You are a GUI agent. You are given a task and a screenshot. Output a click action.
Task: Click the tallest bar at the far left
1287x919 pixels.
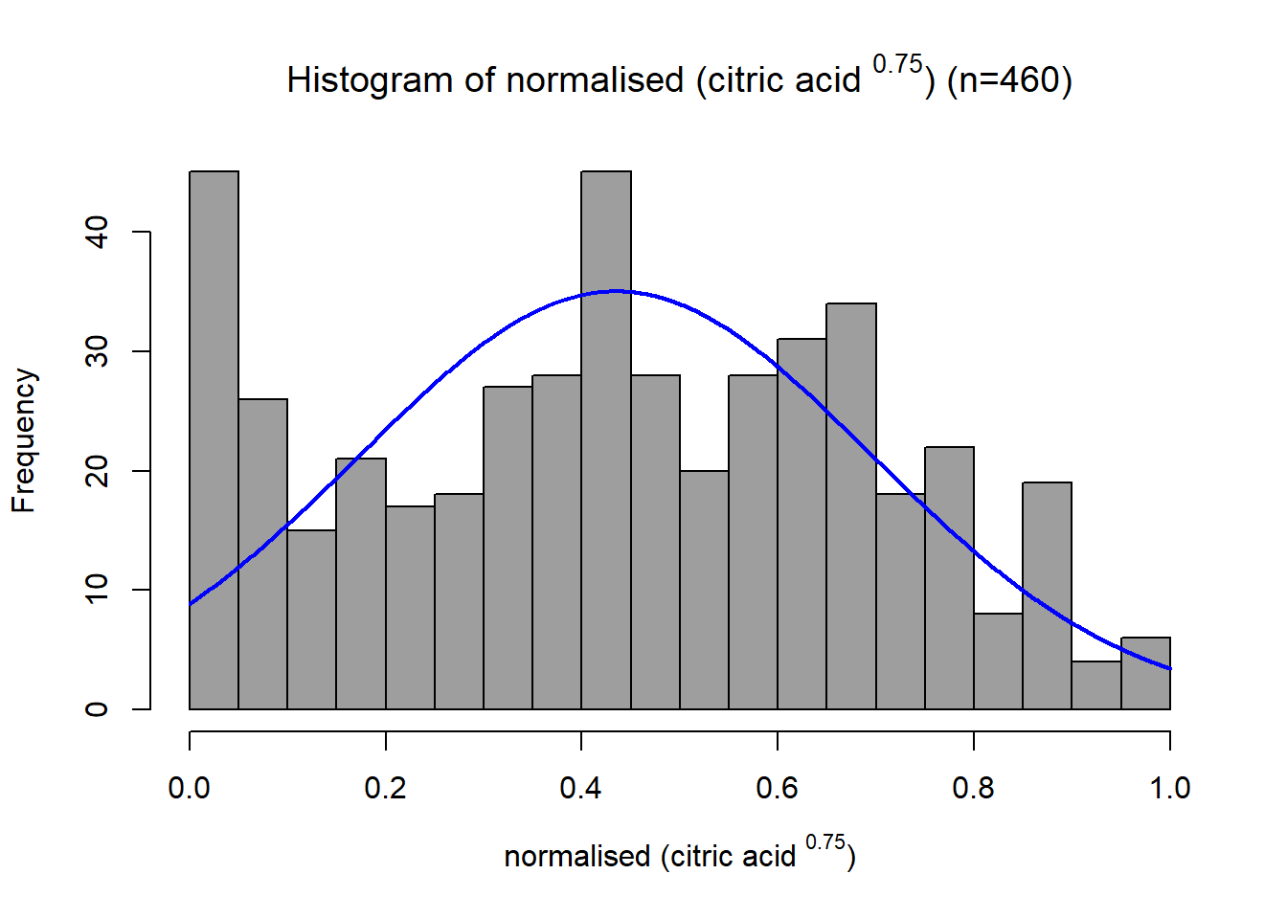pyautogui.click(x=214, y=440)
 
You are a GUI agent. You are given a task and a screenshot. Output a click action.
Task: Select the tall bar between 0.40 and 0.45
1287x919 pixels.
pyautogui.click(x=606, y=440)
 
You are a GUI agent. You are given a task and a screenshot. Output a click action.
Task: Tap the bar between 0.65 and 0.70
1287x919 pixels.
pyautogui.click(x=851, y=506)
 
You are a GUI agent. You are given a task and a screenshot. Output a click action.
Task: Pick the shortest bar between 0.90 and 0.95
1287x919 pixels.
pyautogui.click(x=1096, y=685)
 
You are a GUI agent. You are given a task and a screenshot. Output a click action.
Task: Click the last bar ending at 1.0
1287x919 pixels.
pyautogui.click(x=1145, y=674)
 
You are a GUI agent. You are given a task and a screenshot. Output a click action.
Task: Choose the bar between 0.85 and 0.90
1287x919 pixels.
pyautogui.click(x=1047, y=596)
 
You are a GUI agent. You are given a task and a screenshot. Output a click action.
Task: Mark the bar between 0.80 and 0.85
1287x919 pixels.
pyautogui.click(x=998, y=661)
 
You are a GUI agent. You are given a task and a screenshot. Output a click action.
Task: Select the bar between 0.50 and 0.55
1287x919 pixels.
pyautogui.click(x=705, y=591)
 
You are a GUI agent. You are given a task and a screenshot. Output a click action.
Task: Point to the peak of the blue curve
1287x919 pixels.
pyautogui.click(x=616, y=291)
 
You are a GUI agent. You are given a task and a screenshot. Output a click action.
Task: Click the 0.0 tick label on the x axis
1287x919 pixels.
pyautogui.click(x=189, y=788)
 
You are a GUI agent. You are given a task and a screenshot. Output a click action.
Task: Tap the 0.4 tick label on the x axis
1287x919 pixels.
pyautogui.click(x=581, y=788)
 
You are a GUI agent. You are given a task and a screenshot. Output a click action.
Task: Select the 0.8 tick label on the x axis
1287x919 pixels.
pyautogui.click(x=973, y=788)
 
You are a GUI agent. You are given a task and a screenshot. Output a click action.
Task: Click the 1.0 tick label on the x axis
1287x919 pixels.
pyautogui.click(x=1170, y=788)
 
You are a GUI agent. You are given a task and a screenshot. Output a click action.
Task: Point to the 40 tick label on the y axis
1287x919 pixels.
pyautogui.click(x=97, y=232)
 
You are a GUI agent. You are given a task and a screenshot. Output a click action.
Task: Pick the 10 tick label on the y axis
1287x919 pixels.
pyautogui.click(x=97, y=590)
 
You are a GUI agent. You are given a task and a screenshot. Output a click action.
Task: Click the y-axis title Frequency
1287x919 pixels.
pyautogui.click(x=24, y=440)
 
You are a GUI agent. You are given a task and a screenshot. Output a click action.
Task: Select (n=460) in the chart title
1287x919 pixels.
pyautogui.click(x=1009, y=79)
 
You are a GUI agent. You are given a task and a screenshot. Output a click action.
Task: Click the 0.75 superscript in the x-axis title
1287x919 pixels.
pyautogui.click(x=825, y=842)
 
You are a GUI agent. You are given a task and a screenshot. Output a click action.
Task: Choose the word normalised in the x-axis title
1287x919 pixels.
pyautogui.click(x=576, y=857)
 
